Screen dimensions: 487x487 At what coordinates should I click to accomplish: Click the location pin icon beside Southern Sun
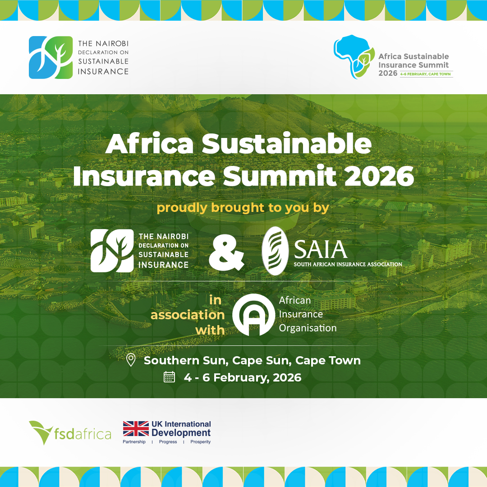[131, 360]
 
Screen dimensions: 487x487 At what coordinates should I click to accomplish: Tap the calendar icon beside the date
[169, 377]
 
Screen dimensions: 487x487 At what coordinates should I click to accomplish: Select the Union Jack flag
[136, 429]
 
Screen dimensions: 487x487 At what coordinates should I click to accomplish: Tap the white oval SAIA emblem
[275, 251]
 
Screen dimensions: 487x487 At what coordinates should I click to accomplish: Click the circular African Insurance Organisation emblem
[253, 315]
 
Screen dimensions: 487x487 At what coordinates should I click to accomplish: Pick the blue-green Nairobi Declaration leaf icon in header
[51, 57]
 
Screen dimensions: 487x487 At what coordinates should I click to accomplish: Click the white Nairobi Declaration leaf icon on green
[112, 251]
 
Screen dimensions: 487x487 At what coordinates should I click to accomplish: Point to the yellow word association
[188, 315]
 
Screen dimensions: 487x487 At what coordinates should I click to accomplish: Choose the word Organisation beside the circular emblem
[308, 328]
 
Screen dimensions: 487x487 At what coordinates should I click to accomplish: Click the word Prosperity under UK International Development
[201, 442]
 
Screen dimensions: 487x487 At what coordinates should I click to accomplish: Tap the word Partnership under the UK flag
[134, 442]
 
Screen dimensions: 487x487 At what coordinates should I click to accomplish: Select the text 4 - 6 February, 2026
[242, 377]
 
